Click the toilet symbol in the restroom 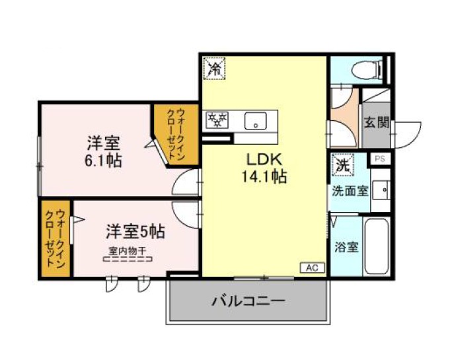click(x=367, y=70)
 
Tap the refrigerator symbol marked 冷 click(x=214, y=68)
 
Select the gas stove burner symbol click(x=217, y=120)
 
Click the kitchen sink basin click(x=256, y=121)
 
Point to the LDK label click(x=264, y=160)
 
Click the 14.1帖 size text click(x=264, y=176)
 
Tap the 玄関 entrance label click(x=377, y=122)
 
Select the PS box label click(x=380, y=159)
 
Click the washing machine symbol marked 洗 click(x=343, y=164)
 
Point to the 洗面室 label click(x=350, y=191)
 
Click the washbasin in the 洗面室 click(x=381, y=190)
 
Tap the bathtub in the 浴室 click(x=377, y=246)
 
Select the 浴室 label click(x=347, y=247)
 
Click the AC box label click(x=313, y=268)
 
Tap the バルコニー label click(x=248, y=301)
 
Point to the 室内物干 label click(x=128, y=251)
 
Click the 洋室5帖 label click(x=135, y=231)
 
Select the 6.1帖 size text click(x=103, y=161)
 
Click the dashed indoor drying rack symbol click(x=128, y=260)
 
